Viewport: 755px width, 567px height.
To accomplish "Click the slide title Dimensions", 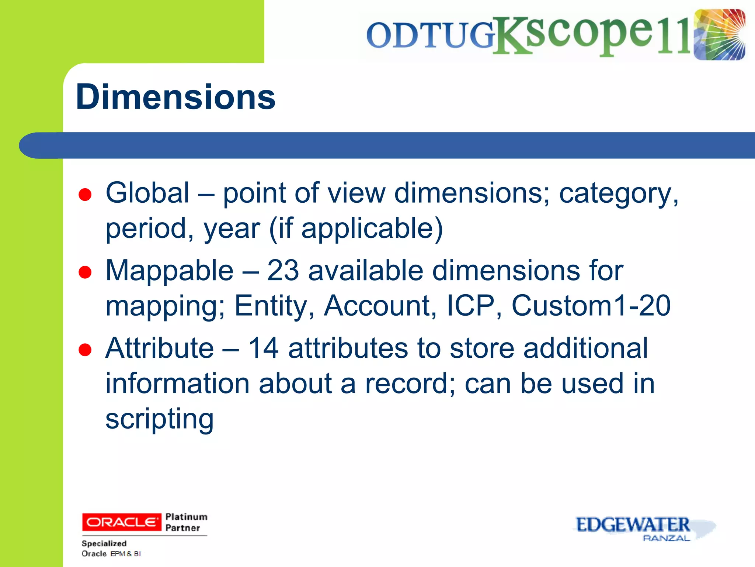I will pyautogui.click(x=175, y=97).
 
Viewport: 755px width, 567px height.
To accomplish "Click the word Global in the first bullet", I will pyautogui.click(x=147, y=193).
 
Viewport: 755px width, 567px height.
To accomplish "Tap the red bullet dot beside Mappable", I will pyautogui.click(x=85, y=272).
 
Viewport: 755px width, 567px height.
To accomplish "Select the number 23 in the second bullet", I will pyautogui.click(x=282, y=271).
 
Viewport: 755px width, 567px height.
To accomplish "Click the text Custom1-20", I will pyautogui.click(x=591, y=306).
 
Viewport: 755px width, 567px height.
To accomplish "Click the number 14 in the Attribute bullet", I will pyautogui.click(x=263, y=348).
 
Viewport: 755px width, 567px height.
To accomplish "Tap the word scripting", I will pyautogui.click(x=159, y=419).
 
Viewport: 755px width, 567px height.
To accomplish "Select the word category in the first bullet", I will pyautogui.click(x=618, y=193).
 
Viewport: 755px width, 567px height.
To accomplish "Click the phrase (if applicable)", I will pyautogui.click(x=356, y=228).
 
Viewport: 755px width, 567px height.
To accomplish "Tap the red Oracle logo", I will pyautogui.click(x=121, y=522).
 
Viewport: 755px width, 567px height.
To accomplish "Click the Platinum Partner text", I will pyautogui.click(x=186, y=522).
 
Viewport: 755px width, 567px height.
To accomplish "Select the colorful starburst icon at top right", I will pyautogui.click(x=719, y=35).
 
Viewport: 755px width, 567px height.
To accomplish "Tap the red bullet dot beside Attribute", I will pyautogui.click(x=85, y=350).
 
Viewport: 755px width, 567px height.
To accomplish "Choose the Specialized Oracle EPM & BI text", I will pyautogui.click(x=111, y=549).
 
